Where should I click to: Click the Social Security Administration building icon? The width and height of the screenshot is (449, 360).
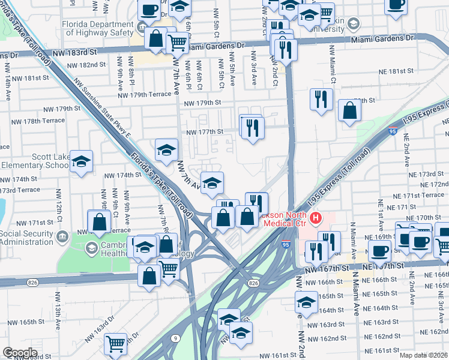(61, 236)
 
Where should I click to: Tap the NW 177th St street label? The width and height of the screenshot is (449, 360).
(205, 132)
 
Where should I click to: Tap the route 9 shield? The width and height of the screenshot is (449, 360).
(174, 339)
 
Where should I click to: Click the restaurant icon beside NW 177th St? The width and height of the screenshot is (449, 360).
(252, 128)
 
